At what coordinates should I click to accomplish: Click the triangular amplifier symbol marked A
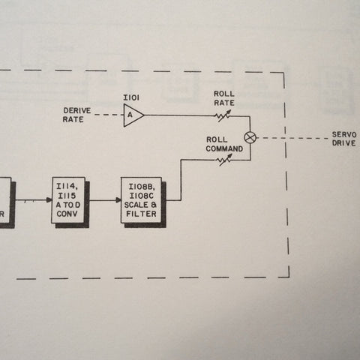(133, 115)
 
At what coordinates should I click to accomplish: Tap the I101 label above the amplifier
(131, 97)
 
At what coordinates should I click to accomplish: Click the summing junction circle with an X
(250, 137)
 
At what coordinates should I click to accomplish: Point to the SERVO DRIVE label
(344, 139)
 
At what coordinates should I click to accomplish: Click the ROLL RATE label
(224, 98)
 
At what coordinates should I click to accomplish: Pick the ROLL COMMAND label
(224, 144)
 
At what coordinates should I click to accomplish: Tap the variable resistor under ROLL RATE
(223, 116)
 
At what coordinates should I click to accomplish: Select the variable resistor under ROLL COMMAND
(223, 160)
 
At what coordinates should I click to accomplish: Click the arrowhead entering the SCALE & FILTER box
(118, 200)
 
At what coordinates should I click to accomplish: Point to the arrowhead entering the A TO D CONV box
(49, 200)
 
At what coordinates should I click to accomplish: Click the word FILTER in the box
(141, 214)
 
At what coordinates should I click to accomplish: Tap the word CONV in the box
(67, 214)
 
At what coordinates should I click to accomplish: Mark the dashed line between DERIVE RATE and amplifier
(109, 115)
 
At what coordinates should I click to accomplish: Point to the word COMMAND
(224, 149)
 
